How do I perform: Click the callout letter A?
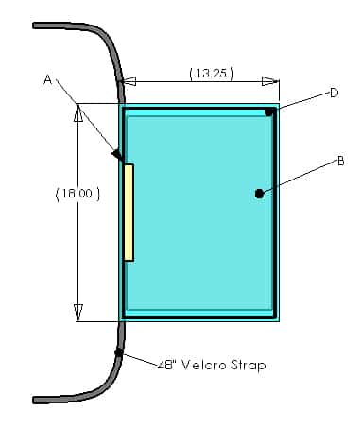click(47, 79)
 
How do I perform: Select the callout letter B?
click(340, 162)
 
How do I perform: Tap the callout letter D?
click(334, 93)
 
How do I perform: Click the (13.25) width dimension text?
click(212, 74)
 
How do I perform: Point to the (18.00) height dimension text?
click(77, 194)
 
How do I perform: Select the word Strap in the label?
click(249, 366)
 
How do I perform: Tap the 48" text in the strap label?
click(167, 365)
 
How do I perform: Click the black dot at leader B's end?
click(259, 194)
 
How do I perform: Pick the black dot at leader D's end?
click(268, 111)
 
